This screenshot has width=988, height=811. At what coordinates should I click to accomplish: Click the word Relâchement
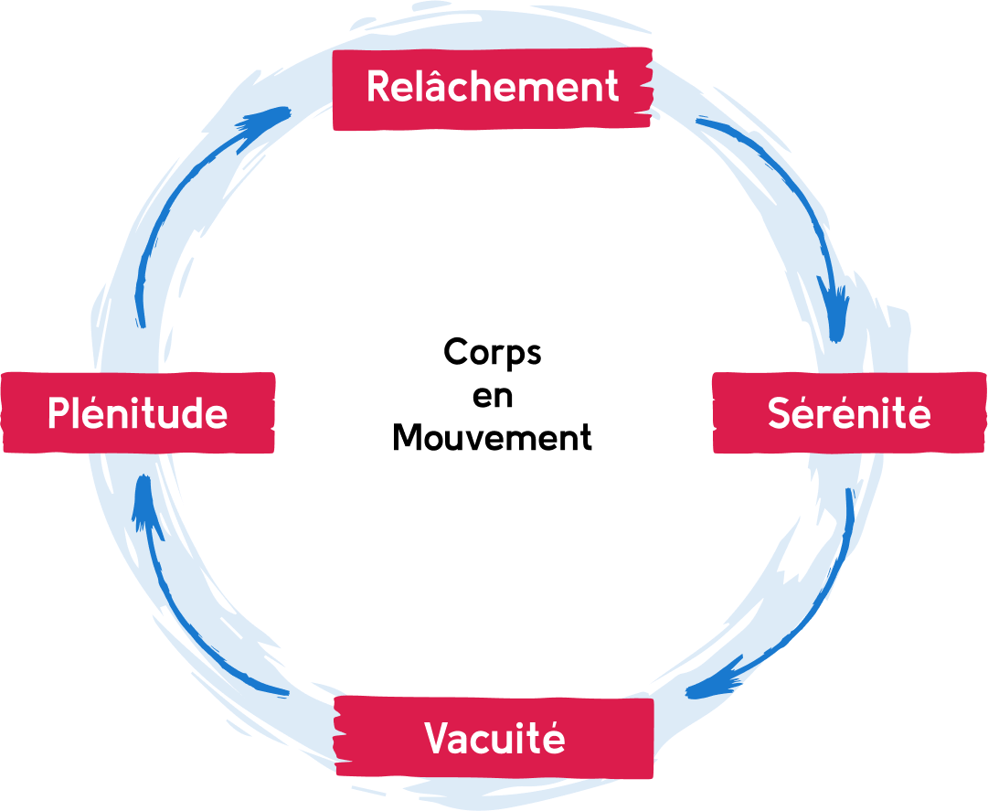493,88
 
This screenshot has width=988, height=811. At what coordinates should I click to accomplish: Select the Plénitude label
137,414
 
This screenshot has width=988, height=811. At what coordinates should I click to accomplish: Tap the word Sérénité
849,414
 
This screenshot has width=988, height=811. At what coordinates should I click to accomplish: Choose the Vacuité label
494,738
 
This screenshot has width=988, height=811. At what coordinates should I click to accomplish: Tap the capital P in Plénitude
58,414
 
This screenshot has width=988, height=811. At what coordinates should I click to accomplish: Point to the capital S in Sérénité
780,414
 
